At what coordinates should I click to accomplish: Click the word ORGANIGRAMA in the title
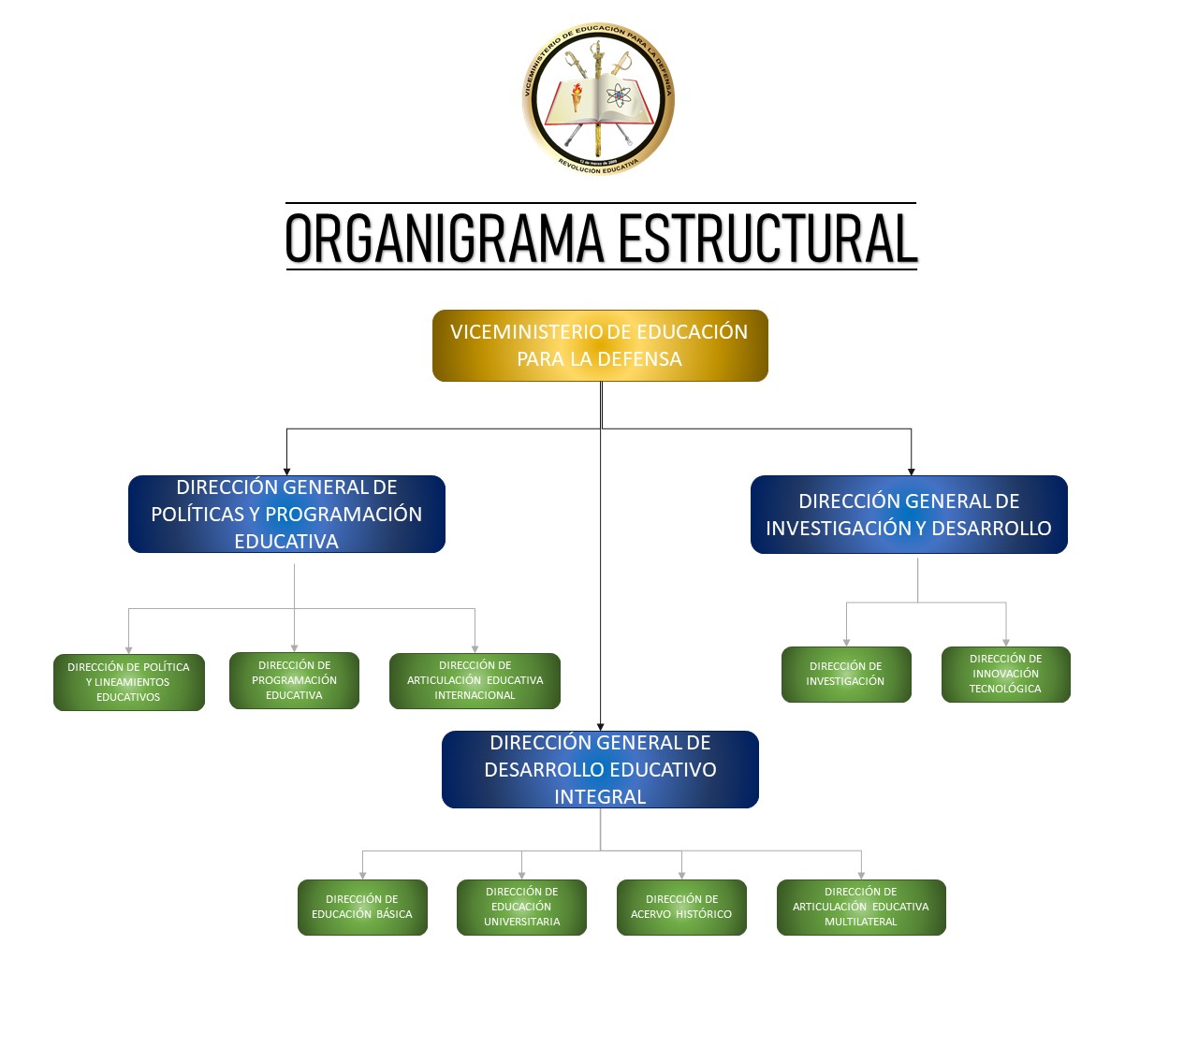point(445,239)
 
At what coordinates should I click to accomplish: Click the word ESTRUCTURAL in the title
point(767,239)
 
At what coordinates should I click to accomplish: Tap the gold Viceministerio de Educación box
point(600,345)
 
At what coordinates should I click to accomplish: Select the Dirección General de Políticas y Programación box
point(286,514)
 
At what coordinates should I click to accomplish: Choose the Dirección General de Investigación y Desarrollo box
point(909,515)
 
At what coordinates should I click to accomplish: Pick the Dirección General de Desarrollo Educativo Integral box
point(600,769)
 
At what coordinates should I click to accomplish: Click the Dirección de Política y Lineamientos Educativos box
point(128,682)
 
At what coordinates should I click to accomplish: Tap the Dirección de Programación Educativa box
point(294,680)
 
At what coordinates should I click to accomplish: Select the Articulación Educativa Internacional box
point(475,680)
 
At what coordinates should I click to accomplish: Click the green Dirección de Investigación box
point(846,674)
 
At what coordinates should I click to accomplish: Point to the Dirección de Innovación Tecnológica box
point(1005,674)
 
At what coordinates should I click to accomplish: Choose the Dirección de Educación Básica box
point(362,907)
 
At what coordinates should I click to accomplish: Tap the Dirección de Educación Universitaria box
point(521,907)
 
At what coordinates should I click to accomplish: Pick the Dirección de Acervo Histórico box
point(681,907)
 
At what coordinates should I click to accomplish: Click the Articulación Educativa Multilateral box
point(861,907)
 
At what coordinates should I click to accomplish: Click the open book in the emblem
point(599,103)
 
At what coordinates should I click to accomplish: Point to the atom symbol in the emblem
point(619,95)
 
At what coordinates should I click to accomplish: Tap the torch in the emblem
point(577,94)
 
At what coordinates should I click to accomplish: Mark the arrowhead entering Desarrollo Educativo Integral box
point(601,726)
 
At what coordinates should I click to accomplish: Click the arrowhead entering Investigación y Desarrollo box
point(911,472)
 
